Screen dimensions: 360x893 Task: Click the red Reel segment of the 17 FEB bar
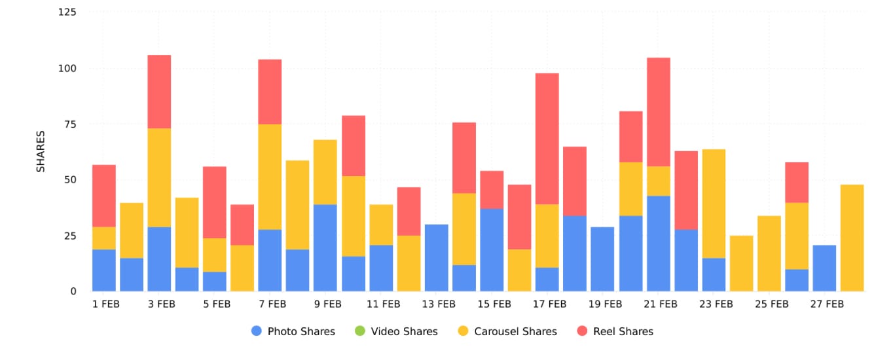pyautogui.click(x=547, y=139)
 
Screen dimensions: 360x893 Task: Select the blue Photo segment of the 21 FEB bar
pyautogui.click(x=658, y=243)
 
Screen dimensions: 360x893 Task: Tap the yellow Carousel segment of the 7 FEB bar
pyautogui.click(x=270, y=177)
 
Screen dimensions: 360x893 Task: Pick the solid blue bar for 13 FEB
pyautogui.click(x=436, y=258)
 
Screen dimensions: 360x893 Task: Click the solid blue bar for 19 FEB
pyautogui.click(x=602, y=259)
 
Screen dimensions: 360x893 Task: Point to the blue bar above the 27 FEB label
pyautogui.click(x=824, y=268)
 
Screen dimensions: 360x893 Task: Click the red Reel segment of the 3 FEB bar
pyautogui.click(x=159, y=92)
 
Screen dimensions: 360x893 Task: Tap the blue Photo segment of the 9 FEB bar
pyautogui.click(x=325, y=247)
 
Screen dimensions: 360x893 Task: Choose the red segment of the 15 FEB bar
pyautogui.click(x=492, y=190)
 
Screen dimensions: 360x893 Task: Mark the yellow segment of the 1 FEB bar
pyautogui.click(x=103, y=238)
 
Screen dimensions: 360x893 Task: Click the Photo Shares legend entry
pyautogui.click(x=293, y=331)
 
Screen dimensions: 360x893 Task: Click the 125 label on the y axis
pyautogui.click(x=67, y=12)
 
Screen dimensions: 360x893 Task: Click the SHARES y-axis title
pyautogui.click(x=41, y=151)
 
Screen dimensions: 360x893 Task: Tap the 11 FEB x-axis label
pyautogui.click(x=383, y=304)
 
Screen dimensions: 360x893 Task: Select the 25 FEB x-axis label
pyautogui.click(x=771, y=304)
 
